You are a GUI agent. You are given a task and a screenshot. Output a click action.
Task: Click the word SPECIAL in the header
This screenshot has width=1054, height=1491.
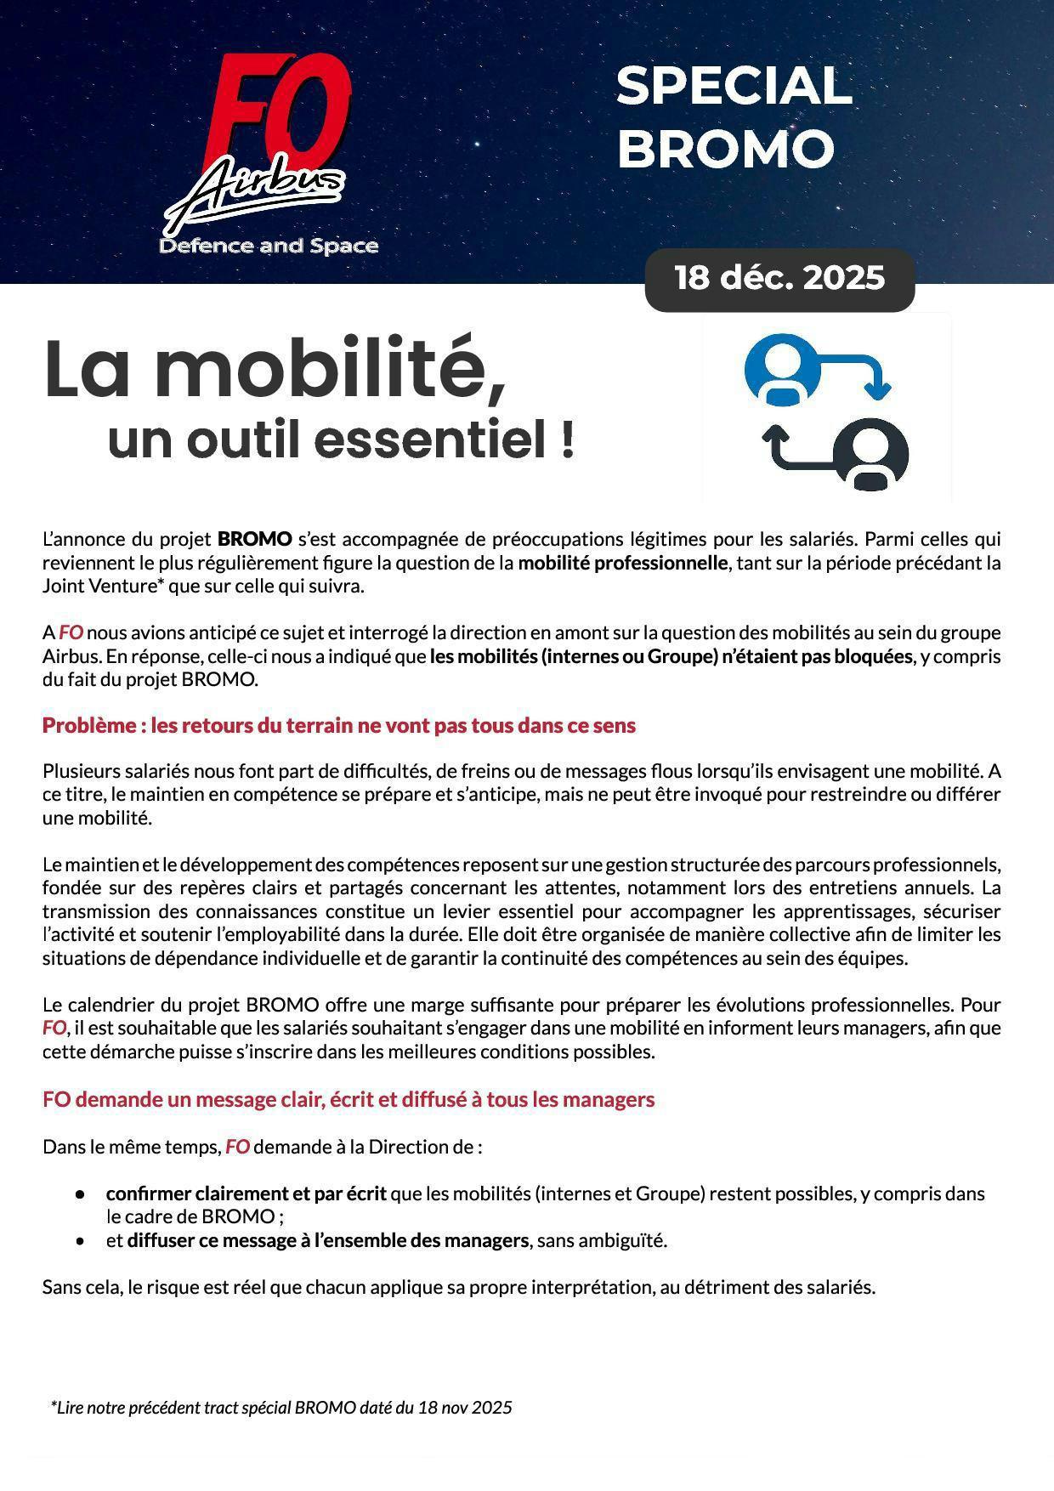(x=733, y=87)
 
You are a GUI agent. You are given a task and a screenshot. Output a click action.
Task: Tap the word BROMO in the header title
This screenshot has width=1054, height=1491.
(x=725, y=149)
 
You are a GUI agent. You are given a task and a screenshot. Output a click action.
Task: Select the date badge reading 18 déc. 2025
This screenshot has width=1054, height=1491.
(x=779, y=279)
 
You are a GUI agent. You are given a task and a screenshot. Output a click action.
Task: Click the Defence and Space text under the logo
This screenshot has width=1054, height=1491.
(x=269, y=247)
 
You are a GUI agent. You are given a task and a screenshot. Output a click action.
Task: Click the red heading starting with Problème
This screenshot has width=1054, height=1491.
(x=339, y=725)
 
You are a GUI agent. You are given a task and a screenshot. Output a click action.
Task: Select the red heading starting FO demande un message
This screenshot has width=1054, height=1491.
(x=348, y=1099)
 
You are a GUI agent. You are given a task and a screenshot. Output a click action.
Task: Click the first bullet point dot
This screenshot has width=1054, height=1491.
(x=81, y=1194)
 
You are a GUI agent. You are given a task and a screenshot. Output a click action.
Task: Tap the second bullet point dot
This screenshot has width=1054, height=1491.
(x=81, y=1241)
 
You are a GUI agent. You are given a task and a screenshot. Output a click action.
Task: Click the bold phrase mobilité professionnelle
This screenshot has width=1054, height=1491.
(x=623, y=563)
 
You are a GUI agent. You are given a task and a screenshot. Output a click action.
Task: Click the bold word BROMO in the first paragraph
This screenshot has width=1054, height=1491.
(x=255, y=539)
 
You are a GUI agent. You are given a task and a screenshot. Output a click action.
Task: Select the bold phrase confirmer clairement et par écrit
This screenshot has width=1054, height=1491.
(x=246, y=1193)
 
